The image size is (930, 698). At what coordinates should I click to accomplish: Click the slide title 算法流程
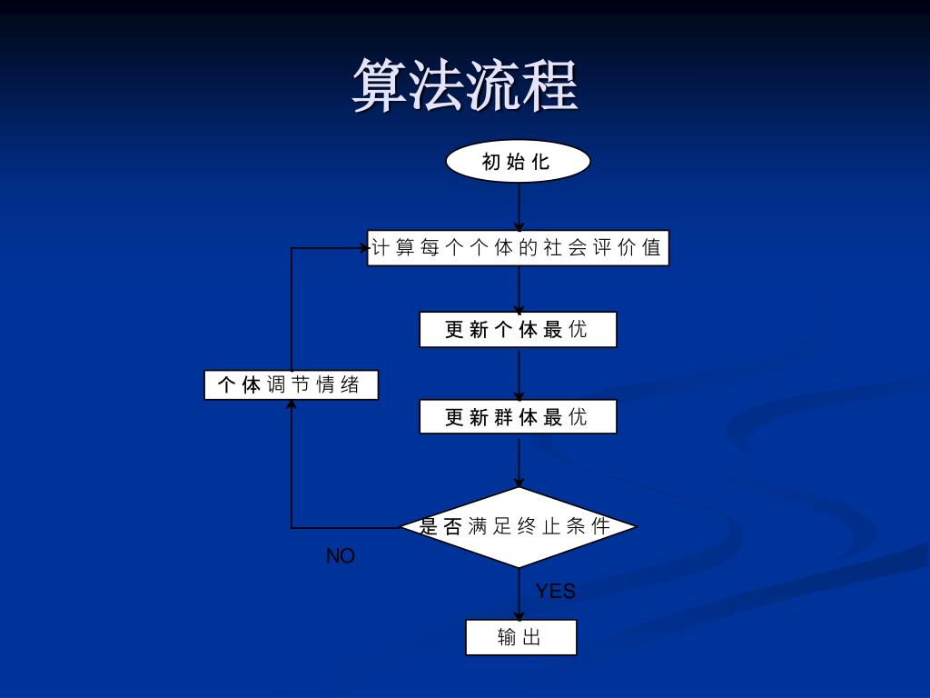465,85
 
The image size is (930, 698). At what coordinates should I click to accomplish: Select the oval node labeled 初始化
518,162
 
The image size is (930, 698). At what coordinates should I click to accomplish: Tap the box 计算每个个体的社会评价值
518,248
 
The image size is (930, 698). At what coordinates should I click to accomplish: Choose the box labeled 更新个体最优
518,329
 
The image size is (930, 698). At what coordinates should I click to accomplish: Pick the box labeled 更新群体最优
518,417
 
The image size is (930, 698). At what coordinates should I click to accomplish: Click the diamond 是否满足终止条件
518,526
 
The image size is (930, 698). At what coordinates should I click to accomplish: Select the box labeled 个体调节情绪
291,385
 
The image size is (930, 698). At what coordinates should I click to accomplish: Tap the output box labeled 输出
520,637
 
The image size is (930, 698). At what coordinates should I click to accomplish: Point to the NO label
341,556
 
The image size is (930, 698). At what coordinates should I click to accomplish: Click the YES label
555,592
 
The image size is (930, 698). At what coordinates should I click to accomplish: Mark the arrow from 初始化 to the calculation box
519,206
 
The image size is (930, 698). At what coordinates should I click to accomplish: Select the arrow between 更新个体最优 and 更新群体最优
519,374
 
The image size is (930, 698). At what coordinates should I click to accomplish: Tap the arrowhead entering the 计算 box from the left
362,247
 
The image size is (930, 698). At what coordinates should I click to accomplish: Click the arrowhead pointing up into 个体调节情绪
292,405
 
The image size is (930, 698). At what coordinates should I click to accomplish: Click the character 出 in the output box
532,637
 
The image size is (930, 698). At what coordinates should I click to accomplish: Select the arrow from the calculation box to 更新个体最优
519,289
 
